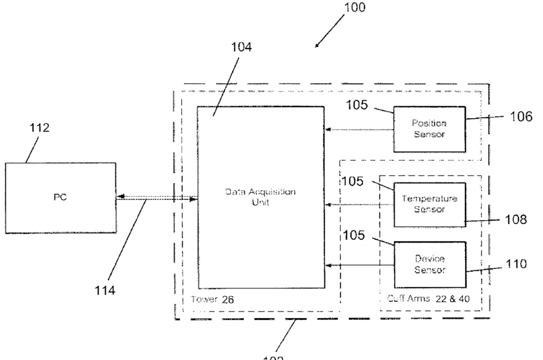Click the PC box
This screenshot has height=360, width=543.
[61, 197]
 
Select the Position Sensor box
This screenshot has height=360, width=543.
[429, 129]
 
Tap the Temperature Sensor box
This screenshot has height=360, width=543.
[429, 204]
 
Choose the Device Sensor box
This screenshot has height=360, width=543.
[429, 265]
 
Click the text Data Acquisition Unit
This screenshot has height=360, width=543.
[261, 197]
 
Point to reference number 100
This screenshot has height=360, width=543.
[353, 8]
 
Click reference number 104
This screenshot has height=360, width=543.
[242, 47]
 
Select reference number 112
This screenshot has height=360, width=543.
[39, 128]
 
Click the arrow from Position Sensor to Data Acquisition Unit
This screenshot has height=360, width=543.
[359, 130]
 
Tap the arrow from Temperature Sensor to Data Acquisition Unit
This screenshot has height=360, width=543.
[359, 205]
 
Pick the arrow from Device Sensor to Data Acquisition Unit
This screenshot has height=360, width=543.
[359, 265]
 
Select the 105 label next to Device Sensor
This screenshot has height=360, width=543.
[354, 235]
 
